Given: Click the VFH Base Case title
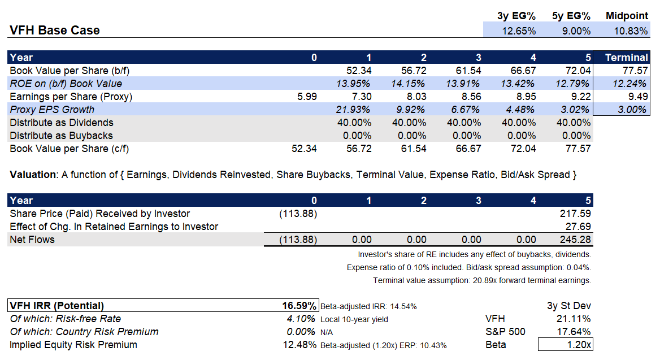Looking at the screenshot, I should click(55, 31).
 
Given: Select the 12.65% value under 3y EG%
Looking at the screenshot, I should click(518, 31).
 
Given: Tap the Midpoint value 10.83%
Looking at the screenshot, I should click(631, 31).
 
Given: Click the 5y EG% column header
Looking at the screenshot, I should click(571, 16).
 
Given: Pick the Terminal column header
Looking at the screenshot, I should click(626, 57).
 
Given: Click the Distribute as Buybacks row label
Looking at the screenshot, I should click(61, 136).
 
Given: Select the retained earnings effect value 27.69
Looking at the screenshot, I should click(579, 227).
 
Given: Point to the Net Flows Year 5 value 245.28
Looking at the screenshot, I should click(575, 240).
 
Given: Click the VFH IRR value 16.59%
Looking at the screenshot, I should click(299, 306).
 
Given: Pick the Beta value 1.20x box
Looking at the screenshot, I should click(566, 345).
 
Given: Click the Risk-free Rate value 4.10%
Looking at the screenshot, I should click(301, 319).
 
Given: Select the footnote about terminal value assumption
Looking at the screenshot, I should click(482, 280).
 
